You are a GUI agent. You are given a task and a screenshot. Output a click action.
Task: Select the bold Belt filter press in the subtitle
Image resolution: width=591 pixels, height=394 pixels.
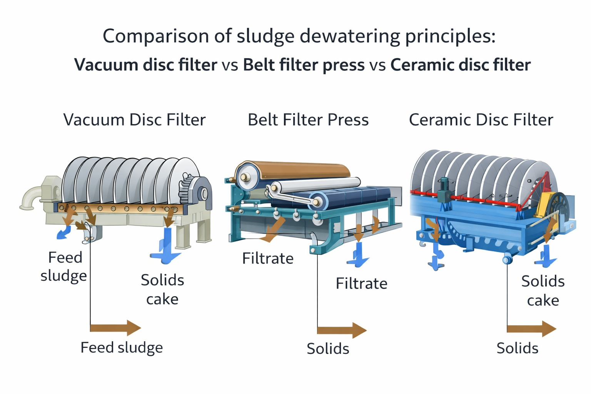coord(304,65)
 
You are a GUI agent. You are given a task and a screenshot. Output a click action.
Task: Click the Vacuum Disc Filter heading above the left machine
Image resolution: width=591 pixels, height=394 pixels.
coord(134,120)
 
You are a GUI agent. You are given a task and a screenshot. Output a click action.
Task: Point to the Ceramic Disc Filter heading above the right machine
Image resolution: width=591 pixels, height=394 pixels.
coord(481,120)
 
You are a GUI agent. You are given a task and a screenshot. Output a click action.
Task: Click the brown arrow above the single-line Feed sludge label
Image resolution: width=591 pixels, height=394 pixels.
coord(115,328)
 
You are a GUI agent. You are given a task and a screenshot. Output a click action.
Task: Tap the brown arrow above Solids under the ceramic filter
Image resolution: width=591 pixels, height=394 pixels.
coord(531,329)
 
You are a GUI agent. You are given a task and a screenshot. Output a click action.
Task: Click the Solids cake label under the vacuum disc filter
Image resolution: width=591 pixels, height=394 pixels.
coord(162,289)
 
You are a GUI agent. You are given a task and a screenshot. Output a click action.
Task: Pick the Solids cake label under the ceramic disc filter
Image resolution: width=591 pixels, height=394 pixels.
coord(543,290)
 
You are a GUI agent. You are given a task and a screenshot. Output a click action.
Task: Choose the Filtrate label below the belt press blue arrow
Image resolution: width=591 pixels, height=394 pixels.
coord(361,284)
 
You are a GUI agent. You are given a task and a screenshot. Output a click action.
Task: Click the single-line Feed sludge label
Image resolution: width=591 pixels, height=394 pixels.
coord(122,348)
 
